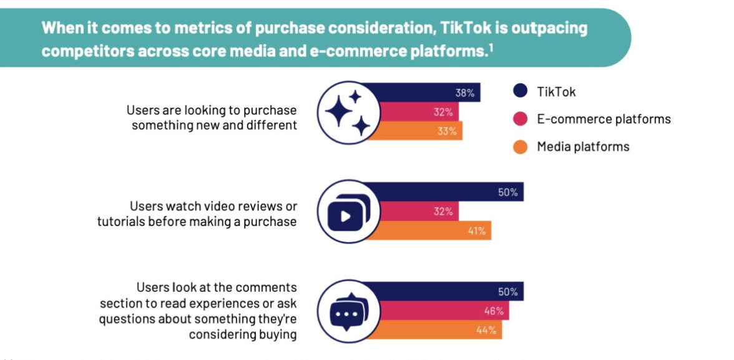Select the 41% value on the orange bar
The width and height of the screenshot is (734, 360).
click(477, 231)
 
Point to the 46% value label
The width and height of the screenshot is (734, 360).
click(494, 311)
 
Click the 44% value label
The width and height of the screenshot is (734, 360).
click(487, 330)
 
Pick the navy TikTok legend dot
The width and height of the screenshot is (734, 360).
click(520, 92)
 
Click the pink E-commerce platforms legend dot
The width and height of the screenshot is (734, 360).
click(520, 119)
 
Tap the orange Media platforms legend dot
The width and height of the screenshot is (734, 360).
click(520, 147)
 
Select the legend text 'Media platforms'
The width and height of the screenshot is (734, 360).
click(583, 147)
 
